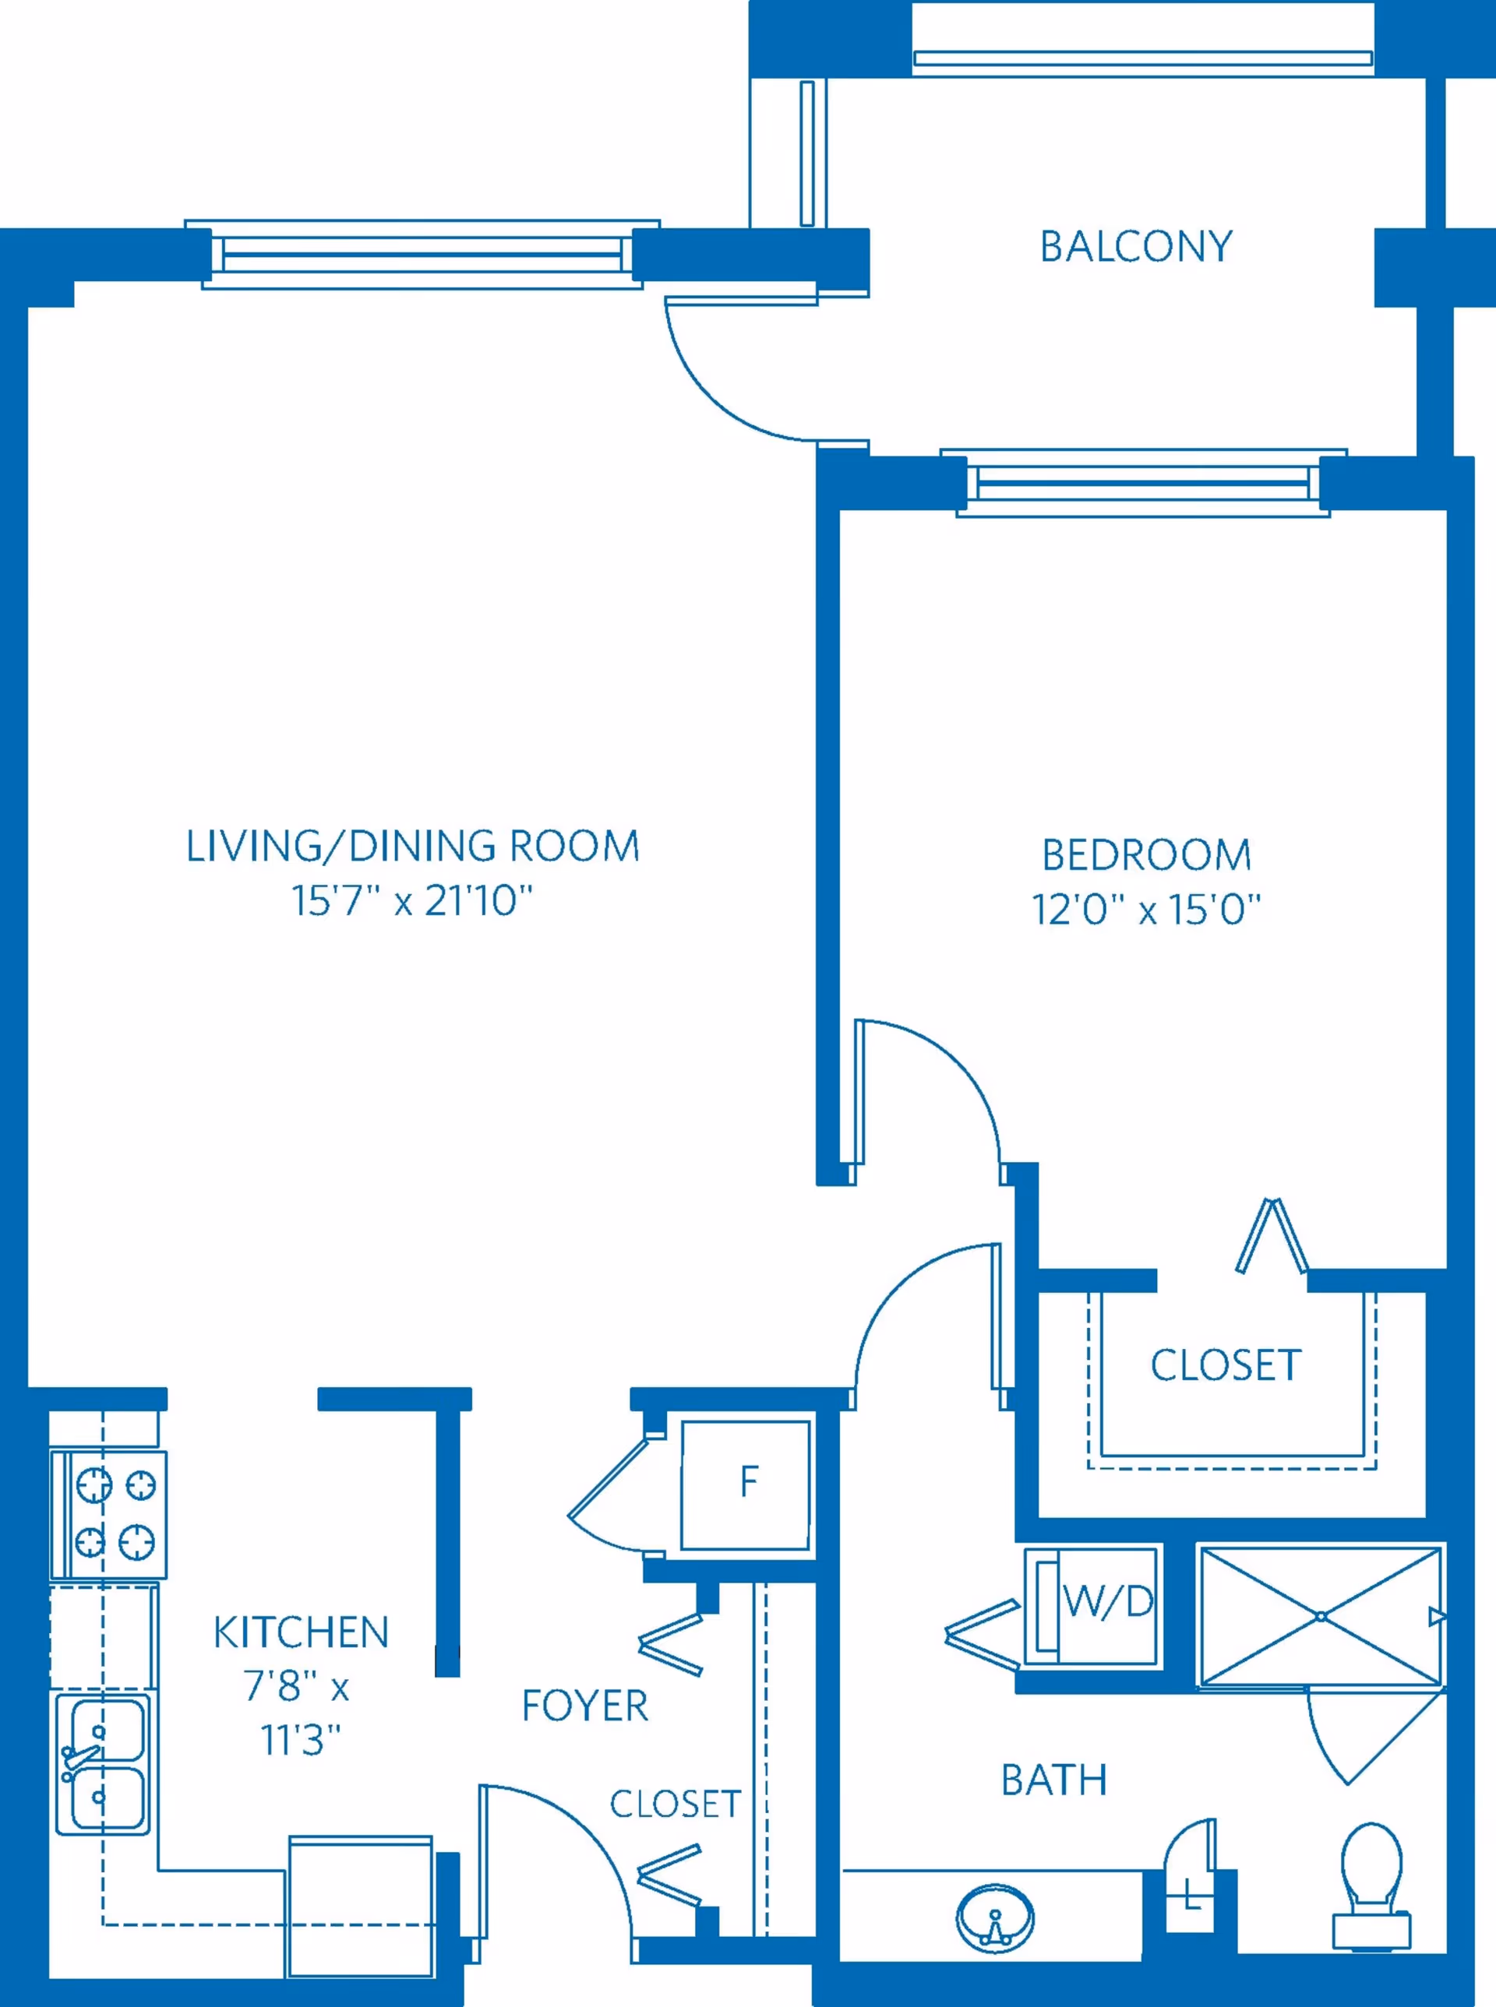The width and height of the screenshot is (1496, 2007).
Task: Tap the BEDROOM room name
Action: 1146,854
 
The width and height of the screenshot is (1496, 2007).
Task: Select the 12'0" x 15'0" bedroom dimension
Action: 1146,909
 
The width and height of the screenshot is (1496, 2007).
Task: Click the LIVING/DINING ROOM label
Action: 413,847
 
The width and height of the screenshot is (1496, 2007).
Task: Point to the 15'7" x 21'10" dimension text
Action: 412,901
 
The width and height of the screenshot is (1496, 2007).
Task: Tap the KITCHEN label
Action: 301,1632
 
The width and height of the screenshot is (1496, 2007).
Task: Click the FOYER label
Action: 585,1706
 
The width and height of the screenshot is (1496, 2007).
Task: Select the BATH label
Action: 1054,1780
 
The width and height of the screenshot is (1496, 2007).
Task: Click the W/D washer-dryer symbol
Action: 1091,1606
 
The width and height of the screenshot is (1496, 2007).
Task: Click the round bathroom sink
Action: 995,1917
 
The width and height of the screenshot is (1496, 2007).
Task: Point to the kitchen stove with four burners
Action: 108,1515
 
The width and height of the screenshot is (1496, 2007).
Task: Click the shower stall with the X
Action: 1321,1616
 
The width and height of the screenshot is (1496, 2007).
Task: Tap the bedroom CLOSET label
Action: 1226,1365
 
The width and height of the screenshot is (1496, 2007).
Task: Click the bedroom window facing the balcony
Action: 1144,484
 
